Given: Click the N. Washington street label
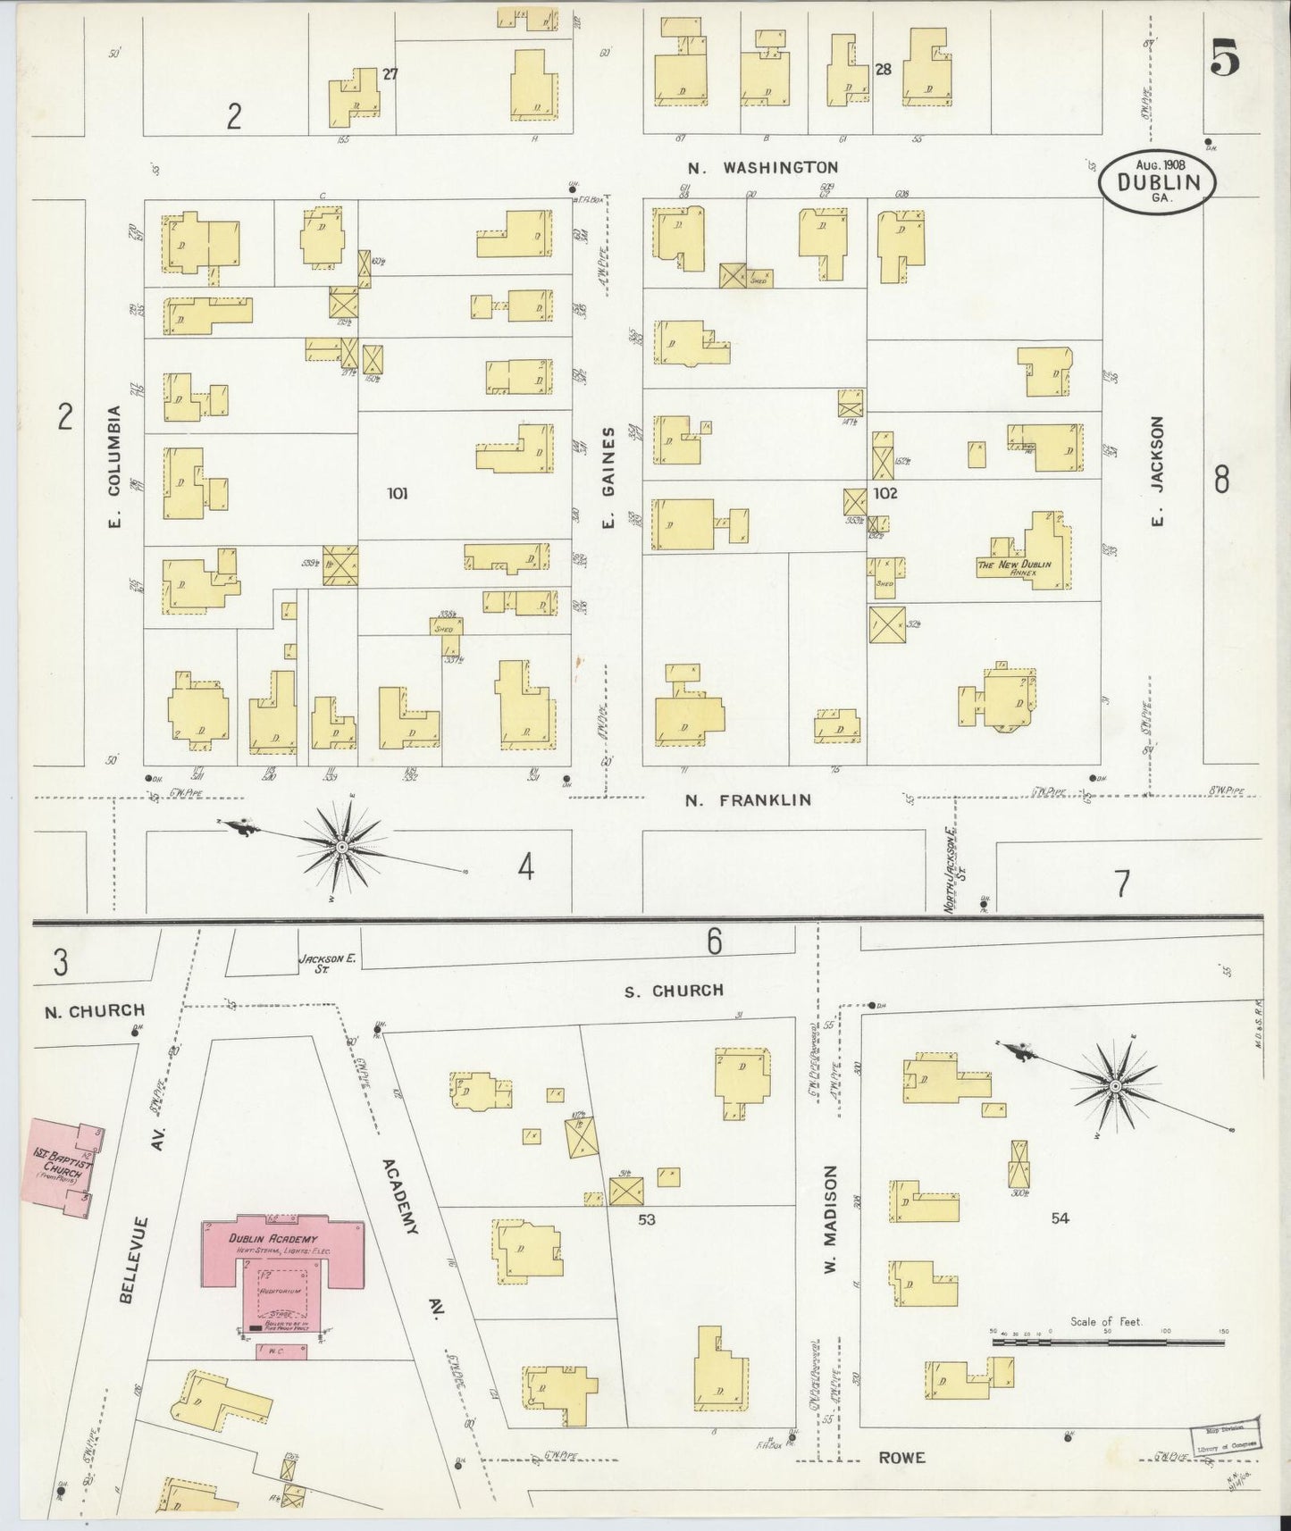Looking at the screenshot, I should [x=763, y=167].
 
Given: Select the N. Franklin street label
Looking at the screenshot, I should [x=749, y=800].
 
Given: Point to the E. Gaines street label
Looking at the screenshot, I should [x=608, y=478].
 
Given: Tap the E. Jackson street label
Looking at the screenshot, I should [x=1158, y=471].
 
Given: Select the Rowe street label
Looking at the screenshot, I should [x=901, y=1458].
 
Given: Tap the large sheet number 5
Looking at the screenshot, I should [x=1225, y=60].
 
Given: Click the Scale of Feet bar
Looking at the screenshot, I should [x=1107, y=1342].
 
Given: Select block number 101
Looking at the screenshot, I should [x=398, y=493].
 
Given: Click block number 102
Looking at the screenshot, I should [x=885, y=493].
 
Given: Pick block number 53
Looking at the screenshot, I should [x=647, y=1218].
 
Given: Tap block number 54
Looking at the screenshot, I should [x=1060, y=1217].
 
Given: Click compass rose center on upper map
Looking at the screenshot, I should [x=341, y=845].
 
